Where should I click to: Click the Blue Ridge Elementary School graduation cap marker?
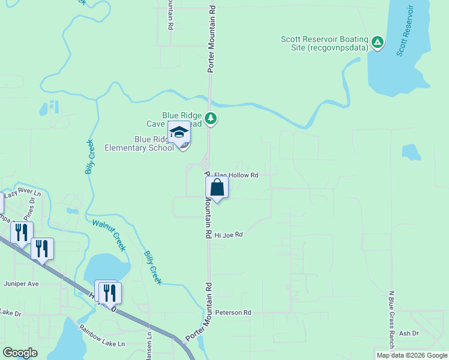pyautogui.click(x=179, y=133)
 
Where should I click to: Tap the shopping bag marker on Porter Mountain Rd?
pyautogui.click(x=217, y=187)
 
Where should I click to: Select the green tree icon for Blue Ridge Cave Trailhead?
pyautogui.click(x=210, y=119)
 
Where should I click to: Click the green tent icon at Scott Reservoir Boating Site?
pyautogui.click(x=377, y=42)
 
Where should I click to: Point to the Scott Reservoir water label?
pyautogui.click(x=405, y=31)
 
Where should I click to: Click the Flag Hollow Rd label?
pyautogui.click(x=236, y=175)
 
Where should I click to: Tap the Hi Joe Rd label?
pyautogui.click(x=228, y=235)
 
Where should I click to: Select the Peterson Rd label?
pyautogui.click(x=233, y=313)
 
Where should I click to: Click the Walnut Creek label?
pyautogui.click(x=109, y=235)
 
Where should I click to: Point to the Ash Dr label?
pyautogui.click(x=408, y=333)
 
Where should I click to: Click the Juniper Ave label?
pyautogui.click(x=21, y=283)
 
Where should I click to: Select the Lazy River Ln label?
pyautogui.click(x=22, y=194)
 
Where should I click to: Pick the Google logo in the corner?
pyautogui.click(x=20, y=353)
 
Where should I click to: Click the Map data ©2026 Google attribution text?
pyautogui.click(x=411, y=355)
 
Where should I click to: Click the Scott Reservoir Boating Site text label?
pyautogui.click(x=324, y=44)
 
